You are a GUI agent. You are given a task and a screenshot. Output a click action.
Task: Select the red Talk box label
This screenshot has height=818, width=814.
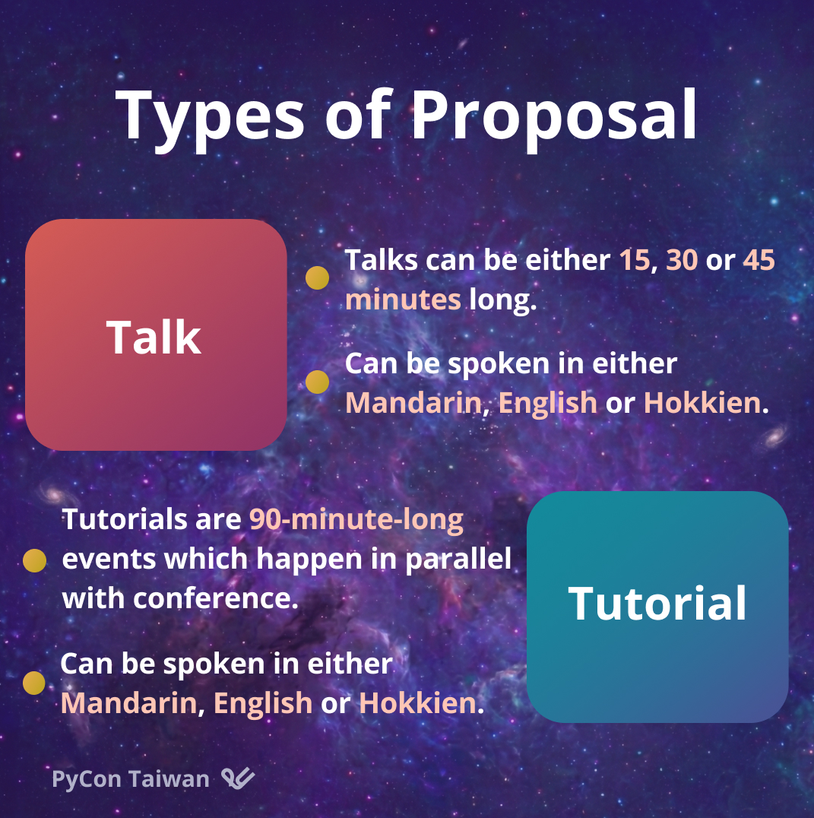[x=154, y=338]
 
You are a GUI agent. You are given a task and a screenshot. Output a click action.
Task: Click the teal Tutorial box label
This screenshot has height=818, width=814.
[x=657, y=603]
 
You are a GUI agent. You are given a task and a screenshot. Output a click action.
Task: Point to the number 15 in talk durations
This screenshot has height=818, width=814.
[x=635, y=260]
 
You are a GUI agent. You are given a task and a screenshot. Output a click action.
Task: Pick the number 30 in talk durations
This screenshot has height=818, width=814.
[x=682, y=260]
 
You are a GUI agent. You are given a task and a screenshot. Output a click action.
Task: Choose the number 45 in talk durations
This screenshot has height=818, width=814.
[x=759, y=260]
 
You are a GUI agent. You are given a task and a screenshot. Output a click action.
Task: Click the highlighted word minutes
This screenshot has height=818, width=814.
[x=403, y=300]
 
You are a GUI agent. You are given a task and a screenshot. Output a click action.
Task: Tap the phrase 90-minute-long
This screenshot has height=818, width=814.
[x=356, y=519]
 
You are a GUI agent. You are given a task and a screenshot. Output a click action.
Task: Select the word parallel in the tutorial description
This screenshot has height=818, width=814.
[x=458, y=560]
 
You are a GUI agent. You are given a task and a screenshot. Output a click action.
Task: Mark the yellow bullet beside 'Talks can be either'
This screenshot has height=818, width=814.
[x=317, y=277]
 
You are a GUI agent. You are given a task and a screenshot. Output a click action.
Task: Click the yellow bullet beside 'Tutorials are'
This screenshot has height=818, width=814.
[x=34, y=560]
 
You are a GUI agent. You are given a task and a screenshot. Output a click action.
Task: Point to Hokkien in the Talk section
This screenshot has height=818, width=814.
[x=702, y=403]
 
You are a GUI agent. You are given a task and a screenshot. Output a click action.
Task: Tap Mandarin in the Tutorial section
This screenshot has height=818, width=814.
[x=128, y=703]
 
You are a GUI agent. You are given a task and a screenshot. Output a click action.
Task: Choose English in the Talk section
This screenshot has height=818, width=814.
[x=547, y=403]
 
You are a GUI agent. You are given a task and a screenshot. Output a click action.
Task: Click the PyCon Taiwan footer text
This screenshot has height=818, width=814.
[x=131, y=779]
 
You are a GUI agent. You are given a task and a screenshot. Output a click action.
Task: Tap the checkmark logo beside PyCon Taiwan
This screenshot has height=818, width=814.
[x=239, y=778]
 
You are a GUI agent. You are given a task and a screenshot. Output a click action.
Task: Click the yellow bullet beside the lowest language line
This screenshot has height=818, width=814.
[x=34, y=683]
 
